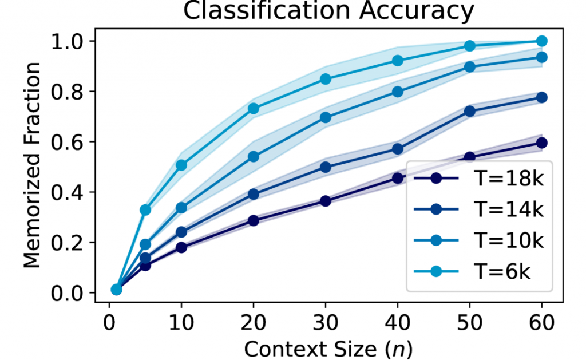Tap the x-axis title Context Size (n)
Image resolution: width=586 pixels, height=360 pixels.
[328, 347]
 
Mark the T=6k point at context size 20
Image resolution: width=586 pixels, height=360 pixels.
[254, 108]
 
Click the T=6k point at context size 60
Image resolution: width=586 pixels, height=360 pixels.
[542, 41]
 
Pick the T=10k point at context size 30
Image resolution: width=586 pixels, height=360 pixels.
[326, 117]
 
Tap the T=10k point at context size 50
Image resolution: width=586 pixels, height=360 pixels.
[470, 66]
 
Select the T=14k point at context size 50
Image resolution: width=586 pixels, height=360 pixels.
[470, 111]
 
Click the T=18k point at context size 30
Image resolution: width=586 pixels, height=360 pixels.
[326, 201]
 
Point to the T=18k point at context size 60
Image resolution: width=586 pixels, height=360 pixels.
[542, 143]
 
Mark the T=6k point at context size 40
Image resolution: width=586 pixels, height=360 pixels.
[398, 61]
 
